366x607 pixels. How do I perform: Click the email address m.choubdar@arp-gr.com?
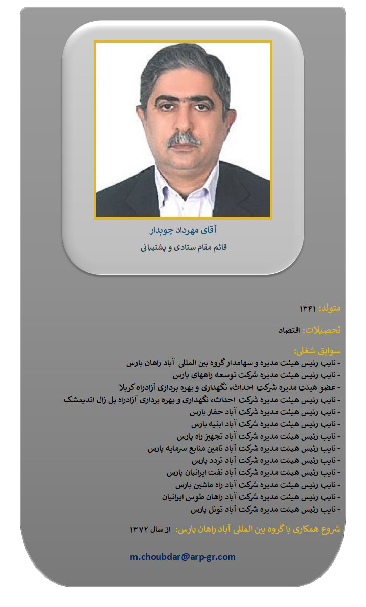pyautogui.click(x=182, y=557)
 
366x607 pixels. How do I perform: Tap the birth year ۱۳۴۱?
pyautogui.click(x=308, y=308)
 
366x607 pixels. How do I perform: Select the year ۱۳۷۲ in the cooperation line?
pyautogui.click(x=139, y=529)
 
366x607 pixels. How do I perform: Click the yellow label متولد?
pyautogui.click(x=332, y=308)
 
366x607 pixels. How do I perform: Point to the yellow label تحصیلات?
pyautogui.click(x=322, y=330)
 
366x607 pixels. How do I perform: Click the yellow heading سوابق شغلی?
pyautogui.click(x=317, y=351)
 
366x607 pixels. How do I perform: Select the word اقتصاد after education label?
pyautogui.click(x=289, y=330)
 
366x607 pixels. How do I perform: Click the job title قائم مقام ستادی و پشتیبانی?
pyautogui.click(x=183, y=248)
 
